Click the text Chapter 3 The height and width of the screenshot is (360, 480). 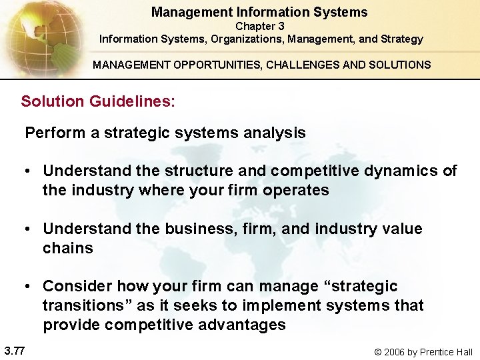260,26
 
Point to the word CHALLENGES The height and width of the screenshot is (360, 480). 313,65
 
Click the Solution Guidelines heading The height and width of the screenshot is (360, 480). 98,101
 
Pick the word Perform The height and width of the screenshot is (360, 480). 55,133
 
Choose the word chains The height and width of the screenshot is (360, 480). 68,248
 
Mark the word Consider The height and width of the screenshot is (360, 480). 77,286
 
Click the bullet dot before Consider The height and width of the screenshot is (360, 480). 29,287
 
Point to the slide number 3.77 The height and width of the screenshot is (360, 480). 14,349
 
